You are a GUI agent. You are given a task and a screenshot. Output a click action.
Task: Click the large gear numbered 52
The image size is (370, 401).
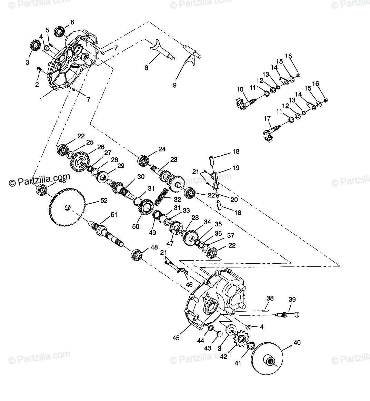coord(66,207)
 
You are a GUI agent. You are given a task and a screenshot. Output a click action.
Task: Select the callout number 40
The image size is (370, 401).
coord(297,342)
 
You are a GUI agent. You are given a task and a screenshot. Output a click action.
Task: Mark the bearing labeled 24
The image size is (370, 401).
coord(143,160)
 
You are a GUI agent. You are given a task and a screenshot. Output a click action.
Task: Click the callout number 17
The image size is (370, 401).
coord(268,118)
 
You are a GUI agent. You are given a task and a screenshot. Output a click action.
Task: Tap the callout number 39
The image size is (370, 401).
coord(292,299)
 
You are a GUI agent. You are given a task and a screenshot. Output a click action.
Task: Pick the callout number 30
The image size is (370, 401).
coord(141,177)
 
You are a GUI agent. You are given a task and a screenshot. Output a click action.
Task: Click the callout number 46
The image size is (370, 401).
coord(189,285)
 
